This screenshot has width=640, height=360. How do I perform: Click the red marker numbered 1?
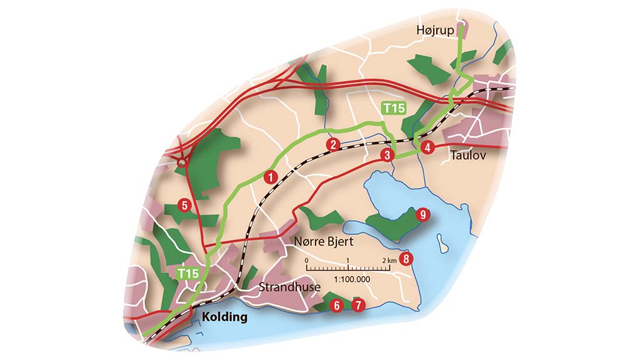[x=271, y=177]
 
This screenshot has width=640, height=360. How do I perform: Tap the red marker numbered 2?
[x=333, y=144]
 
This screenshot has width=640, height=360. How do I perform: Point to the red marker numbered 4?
[x=427, y=148]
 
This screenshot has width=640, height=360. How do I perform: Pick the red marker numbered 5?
[x=184, y=204]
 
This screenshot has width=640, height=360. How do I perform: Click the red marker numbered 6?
[x=337, y=306]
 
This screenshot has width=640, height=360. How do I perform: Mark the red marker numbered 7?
[x=357, y=306]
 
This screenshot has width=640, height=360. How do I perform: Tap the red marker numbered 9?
[x=422, y=215]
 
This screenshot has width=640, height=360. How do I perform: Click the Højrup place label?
[x=436, y=30]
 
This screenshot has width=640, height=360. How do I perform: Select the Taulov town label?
[x=467, y=154]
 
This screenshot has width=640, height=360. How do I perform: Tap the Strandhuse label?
[x=289, y=287]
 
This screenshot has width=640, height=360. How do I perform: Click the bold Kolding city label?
[x=224, y=317]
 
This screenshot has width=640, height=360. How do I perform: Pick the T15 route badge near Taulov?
[x=394, y=109]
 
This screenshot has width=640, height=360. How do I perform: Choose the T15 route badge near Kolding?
[x=188, y=273]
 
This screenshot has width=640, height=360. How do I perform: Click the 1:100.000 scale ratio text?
[x=350, y=279]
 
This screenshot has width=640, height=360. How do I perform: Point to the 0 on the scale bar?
[x=306, y=259]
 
